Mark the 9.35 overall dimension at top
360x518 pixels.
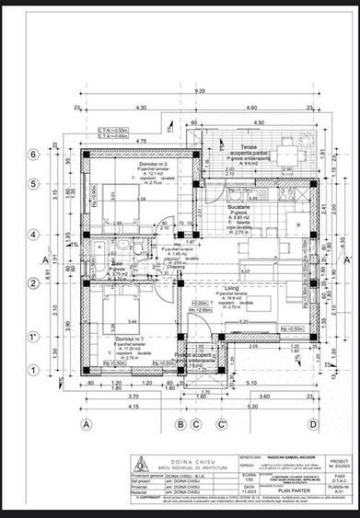201,92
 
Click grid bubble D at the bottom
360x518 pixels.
313,423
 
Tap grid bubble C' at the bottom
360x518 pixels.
222,423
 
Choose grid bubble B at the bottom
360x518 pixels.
181,423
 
